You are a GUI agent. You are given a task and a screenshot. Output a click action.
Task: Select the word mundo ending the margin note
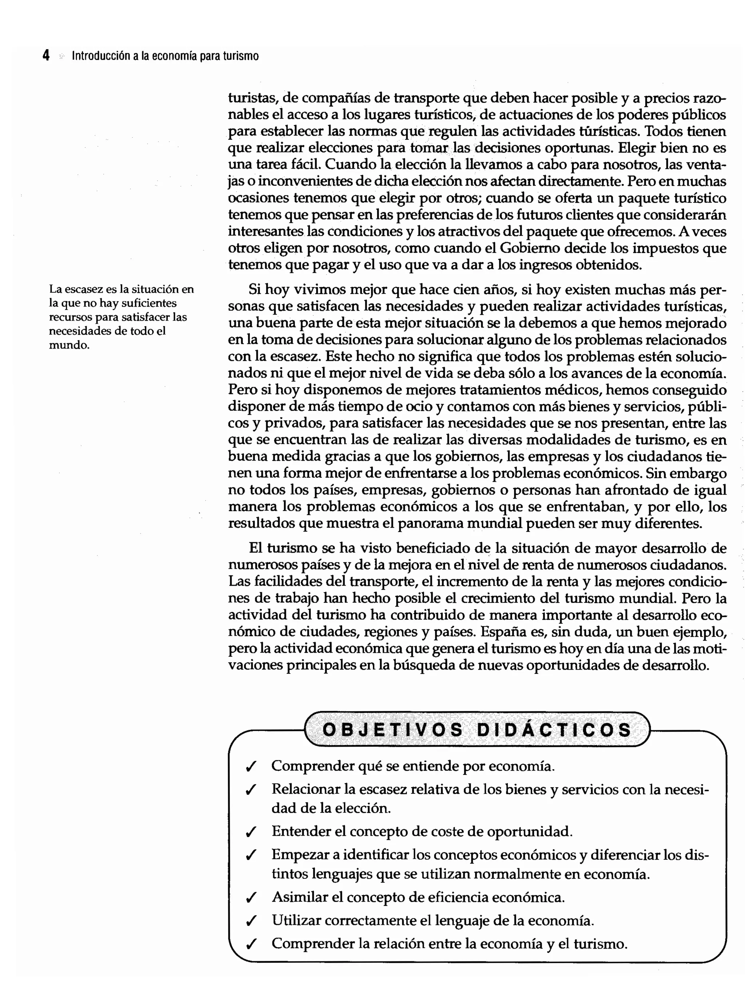point(68,345)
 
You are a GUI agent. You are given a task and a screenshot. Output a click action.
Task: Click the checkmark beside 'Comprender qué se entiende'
point(251,767)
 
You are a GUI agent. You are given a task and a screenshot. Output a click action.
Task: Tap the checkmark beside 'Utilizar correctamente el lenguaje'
point(251,921)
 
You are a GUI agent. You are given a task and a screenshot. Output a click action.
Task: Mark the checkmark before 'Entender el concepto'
point(251,832)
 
